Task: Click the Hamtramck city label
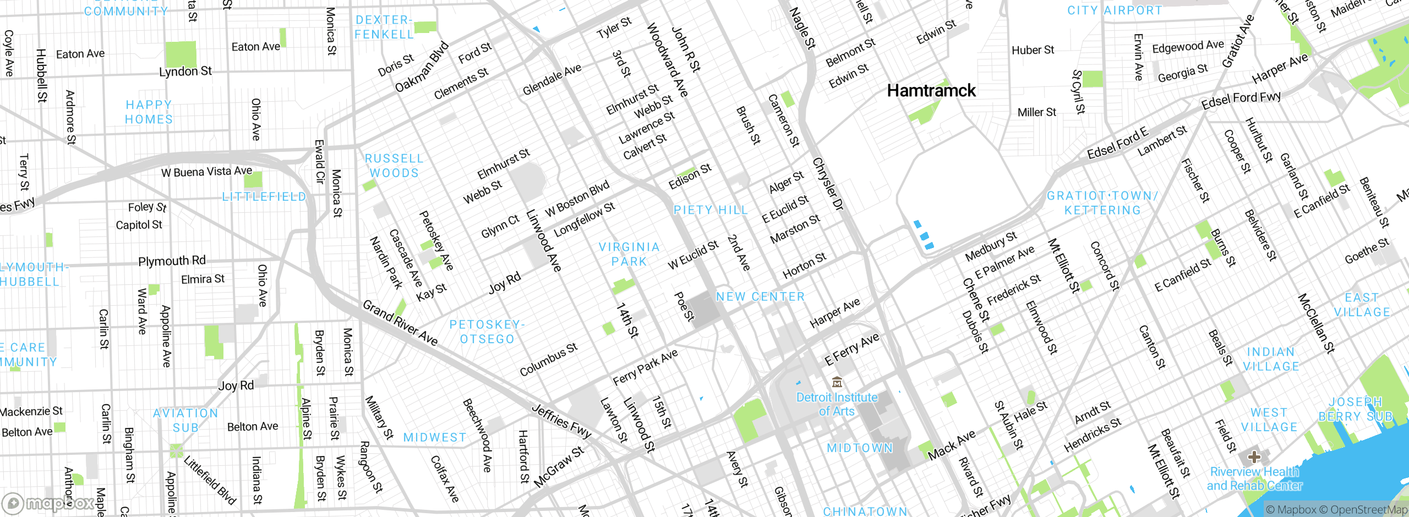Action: tap(931, 91)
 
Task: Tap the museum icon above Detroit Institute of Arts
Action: tap(837, 382)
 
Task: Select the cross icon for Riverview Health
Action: tap(1254, 457)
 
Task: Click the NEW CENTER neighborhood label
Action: tap(760, 297)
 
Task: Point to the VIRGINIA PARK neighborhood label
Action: tap(629, 254)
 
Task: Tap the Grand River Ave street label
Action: tap(400, 323)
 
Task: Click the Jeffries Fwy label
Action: tap(561, 421)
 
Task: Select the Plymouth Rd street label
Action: tap(172, 261)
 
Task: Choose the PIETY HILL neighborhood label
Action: tap(711, 210)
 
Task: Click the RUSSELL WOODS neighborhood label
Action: tap(394, 166)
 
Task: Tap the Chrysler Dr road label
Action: tap(828, 184)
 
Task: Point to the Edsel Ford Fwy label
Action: tap(1241, 100)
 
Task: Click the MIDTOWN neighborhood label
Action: tap(860, 448)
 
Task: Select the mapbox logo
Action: tap(48, 503)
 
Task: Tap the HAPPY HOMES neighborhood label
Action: tap(149, 112)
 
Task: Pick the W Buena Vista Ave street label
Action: tap(206, 172)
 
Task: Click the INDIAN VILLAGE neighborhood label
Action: tap(1271, 359)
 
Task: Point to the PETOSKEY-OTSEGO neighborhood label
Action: tap(487, 332)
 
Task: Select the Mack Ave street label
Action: tap(951, 445)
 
